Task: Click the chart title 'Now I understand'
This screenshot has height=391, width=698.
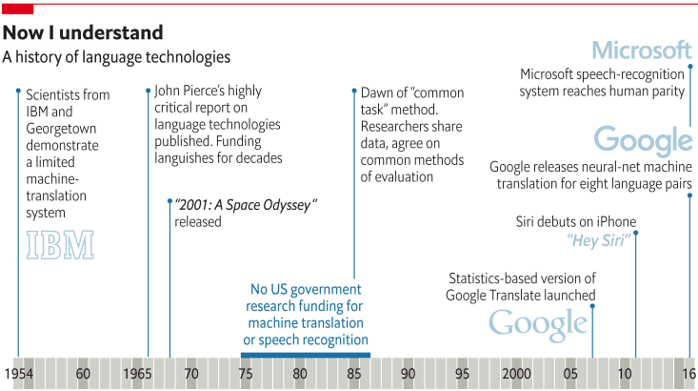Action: coord(82,33)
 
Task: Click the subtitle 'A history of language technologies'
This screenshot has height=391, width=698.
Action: coord(116,57)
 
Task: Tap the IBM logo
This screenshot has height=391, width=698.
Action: coord(59,245)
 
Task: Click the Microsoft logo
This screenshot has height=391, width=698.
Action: coord(641,50)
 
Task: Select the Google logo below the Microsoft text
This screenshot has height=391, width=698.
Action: coord(643,141)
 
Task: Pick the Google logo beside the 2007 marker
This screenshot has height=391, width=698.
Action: coord(538,324)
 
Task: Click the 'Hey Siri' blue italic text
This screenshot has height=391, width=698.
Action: coord(599,240)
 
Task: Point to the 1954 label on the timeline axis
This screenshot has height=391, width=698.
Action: coord(18,374)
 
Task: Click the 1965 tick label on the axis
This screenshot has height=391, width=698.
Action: coord(139,374)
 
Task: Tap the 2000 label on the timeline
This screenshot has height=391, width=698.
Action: coord(516,374)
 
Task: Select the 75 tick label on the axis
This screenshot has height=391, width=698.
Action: coord(246,374)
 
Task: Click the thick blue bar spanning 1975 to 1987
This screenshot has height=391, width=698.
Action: coord(305,355)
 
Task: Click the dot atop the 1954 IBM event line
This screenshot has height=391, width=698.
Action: coord(18,91)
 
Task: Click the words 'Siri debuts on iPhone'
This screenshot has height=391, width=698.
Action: coord(575,222)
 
